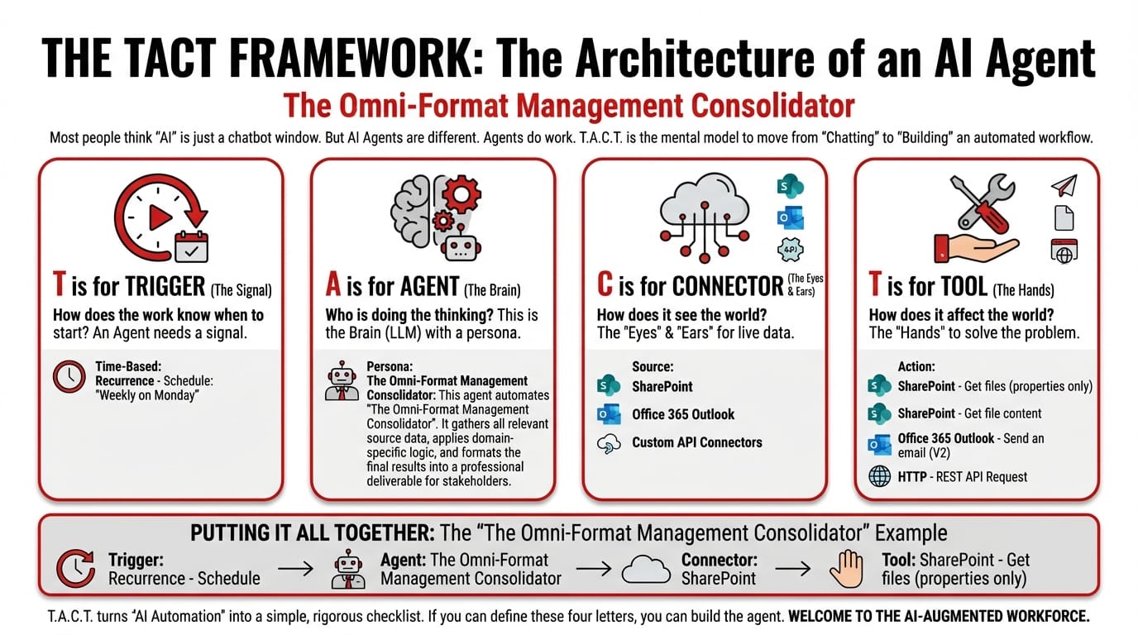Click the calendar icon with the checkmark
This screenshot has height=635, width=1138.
click(191, 247)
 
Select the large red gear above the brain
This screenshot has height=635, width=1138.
click(461, 194)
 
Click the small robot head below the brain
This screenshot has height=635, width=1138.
click(461, 247)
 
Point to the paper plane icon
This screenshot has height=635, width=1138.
click(1064, 185)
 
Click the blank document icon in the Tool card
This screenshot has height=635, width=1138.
click(1064, 218)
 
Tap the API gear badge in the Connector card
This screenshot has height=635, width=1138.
click(790, 250)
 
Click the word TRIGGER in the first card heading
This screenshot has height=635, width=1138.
click(165, 287)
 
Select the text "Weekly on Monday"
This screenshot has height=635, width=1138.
click(147, 395)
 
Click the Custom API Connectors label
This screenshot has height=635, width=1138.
click(697, 442)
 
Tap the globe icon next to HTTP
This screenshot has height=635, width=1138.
click(879, 476)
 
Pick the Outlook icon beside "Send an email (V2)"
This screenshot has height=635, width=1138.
click(879, 445)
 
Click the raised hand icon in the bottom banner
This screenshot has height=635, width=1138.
click(846, 569)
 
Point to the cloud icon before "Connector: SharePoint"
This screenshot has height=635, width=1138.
click(646, 569)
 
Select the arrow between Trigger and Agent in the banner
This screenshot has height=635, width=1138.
click(295, 569)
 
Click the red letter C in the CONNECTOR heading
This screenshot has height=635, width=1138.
click(605, 284)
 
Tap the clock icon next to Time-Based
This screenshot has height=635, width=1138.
click(69, 376)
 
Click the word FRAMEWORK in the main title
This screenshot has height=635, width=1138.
click(351, 59)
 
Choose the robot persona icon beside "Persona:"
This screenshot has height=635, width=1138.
click(342, 381)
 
